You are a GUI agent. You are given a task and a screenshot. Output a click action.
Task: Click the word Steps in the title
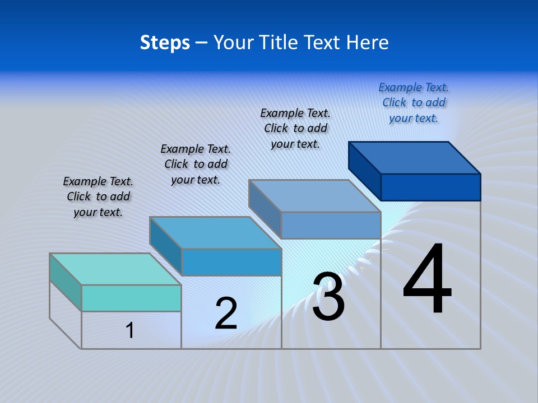pos(165,43)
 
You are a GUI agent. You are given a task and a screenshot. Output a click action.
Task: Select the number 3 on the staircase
pos(328,297)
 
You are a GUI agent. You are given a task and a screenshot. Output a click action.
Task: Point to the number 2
pos(226,313)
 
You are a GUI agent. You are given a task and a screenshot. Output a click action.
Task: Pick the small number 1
pos(130,330)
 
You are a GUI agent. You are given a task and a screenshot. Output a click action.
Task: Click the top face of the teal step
pos(115,269)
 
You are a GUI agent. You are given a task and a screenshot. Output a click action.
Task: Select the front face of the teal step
pos(131,298)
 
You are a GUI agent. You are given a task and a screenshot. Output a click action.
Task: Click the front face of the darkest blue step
pos(430,187)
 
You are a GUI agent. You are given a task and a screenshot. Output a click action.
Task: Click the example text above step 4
pos(414,102)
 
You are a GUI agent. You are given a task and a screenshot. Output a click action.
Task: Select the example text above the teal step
pos(98,196)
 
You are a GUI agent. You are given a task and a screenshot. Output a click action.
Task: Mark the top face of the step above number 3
pos(315,196)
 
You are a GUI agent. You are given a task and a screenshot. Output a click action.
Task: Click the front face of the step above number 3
pos(331,225)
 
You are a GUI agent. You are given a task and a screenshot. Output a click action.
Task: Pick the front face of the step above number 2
pos(231,262)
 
